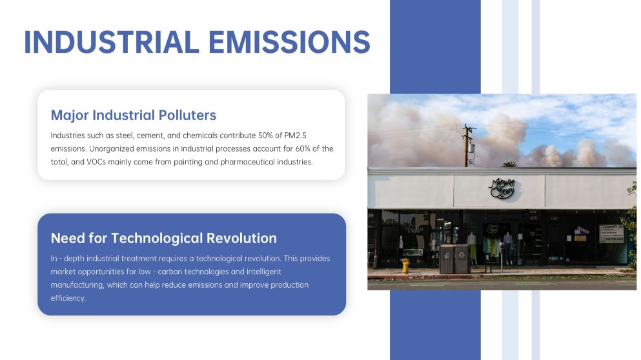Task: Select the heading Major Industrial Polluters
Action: coord(133,115)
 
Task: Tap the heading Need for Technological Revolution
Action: coord(163,238)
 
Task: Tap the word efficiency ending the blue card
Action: coord(68,298)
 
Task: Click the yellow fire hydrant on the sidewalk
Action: coord(405,265)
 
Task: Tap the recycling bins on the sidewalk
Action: coord(455,259)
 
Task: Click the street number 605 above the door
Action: coord(533,218)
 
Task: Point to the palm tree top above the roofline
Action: coord(509,165)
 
